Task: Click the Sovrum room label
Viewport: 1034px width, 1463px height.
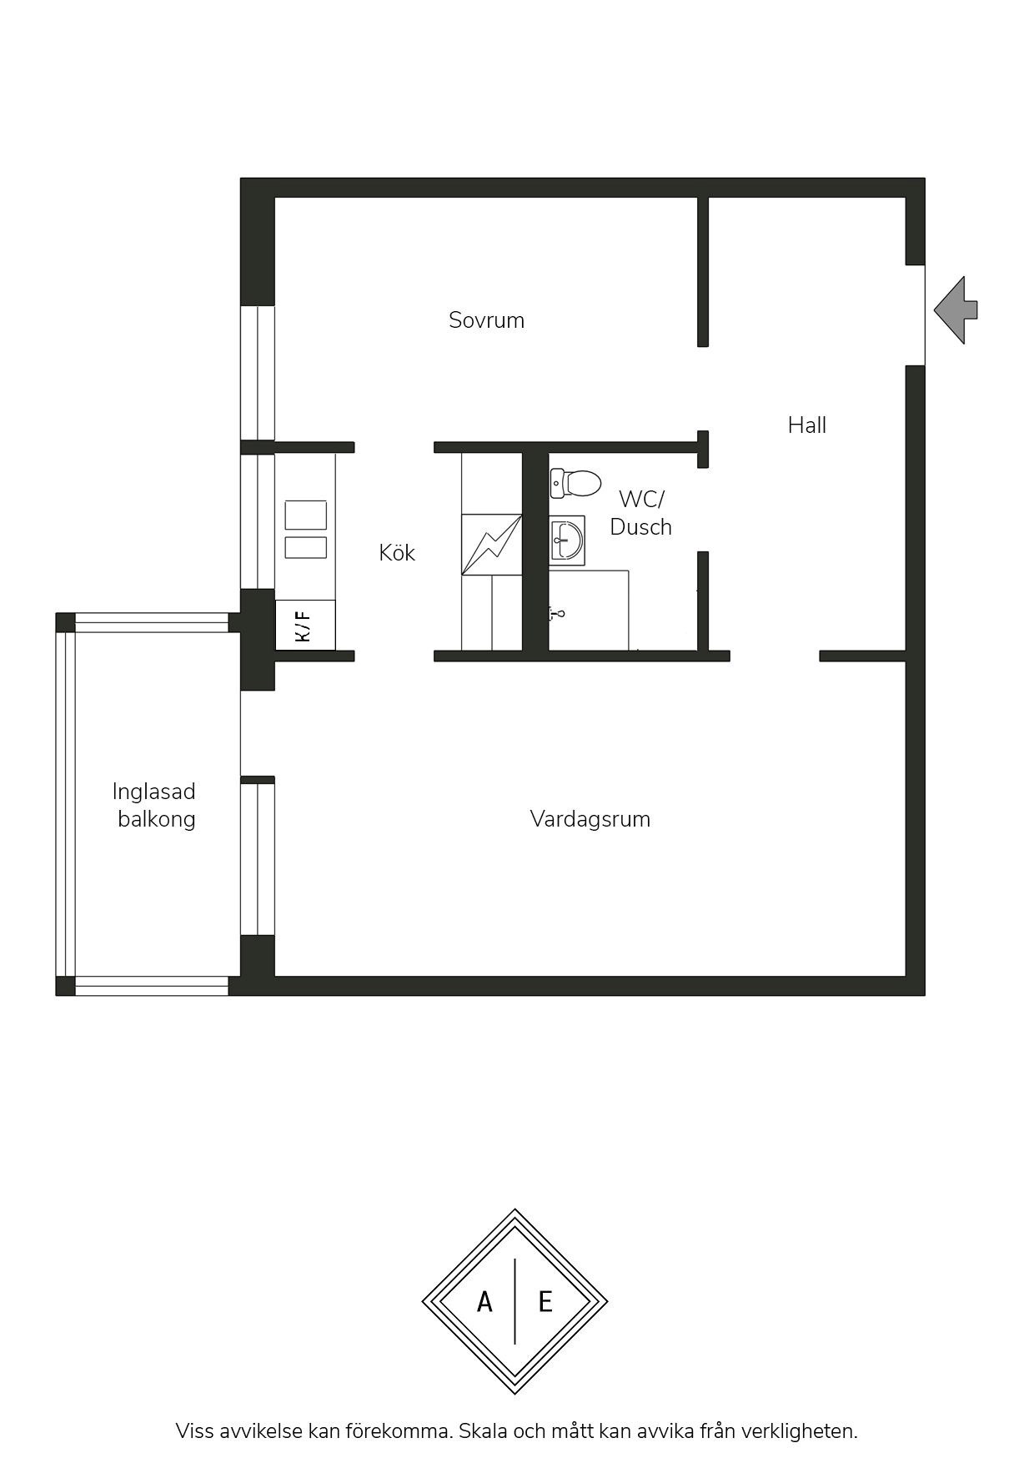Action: (x=486, y=320)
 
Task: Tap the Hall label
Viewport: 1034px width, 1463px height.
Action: (x=807, y=425)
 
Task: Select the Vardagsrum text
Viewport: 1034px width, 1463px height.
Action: (x=590, y=819)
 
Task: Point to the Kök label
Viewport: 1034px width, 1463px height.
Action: (x=397, y=552)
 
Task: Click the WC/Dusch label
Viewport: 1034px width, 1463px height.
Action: (x=640, y=513)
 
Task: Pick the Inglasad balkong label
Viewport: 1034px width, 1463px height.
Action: (x=155, y=805)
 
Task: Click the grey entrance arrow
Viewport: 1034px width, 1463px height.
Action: (x=956, y=310)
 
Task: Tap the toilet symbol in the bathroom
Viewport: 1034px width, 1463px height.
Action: (x=575, y=483)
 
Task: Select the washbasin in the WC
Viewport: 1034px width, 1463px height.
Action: (x=567, y=540)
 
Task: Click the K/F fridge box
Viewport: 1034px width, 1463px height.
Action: (x=305, y=625)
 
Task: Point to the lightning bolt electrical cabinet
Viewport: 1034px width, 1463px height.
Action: (x=492, y=545)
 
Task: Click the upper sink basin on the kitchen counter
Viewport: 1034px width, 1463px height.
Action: (x=306, y=515)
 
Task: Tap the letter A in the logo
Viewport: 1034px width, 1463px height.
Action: (x=484, y=1302)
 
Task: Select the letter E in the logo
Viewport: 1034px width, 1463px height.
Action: (x=545, y=1302)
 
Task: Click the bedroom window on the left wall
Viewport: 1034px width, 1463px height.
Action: (x=258, y=373)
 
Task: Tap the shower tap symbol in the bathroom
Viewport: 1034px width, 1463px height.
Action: (x=557, y=614)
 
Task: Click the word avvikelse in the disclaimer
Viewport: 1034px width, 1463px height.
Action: (x=258, y=1432)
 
